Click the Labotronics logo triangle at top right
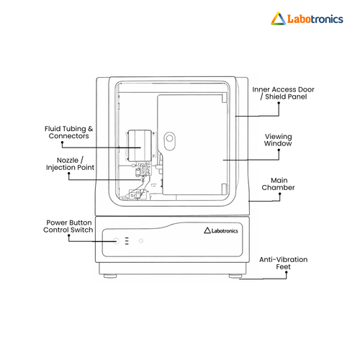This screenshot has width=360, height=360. (x=278, y=19)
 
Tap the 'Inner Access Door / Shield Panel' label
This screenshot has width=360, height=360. (x=283, y=93)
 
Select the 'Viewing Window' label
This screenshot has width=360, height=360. (x=278, y=140)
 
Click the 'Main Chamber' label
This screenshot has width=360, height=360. (x=279, y=184)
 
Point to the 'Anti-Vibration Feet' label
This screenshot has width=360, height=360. (x=284, y=263)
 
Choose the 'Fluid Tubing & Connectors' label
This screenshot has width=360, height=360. (x=68, y=132)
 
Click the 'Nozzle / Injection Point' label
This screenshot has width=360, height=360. (x=70, y=164)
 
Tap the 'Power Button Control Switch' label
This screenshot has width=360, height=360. (x=68, y=226)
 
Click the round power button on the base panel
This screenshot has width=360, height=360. (x=116, y=241)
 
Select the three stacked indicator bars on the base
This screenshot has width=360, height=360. (x=127, y=241)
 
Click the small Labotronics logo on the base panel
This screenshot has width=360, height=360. (x=221, y=230)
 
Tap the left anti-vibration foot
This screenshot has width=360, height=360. (x=110, y=276)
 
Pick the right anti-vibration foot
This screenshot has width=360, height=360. (x=235, y=276)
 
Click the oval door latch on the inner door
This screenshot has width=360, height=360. (x=170, y=141)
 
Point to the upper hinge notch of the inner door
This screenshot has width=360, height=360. (x=224, y=98)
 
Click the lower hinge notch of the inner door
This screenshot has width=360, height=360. (x=224, y=189)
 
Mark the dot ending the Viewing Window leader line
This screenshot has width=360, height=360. (x=279, y=150)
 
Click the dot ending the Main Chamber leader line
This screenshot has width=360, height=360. (x=280, y=194)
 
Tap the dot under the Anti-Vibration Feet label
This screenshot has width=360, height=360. (x=287, y=272)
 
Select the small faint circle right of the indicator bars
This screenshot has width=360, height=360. (x=141, y=240)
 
